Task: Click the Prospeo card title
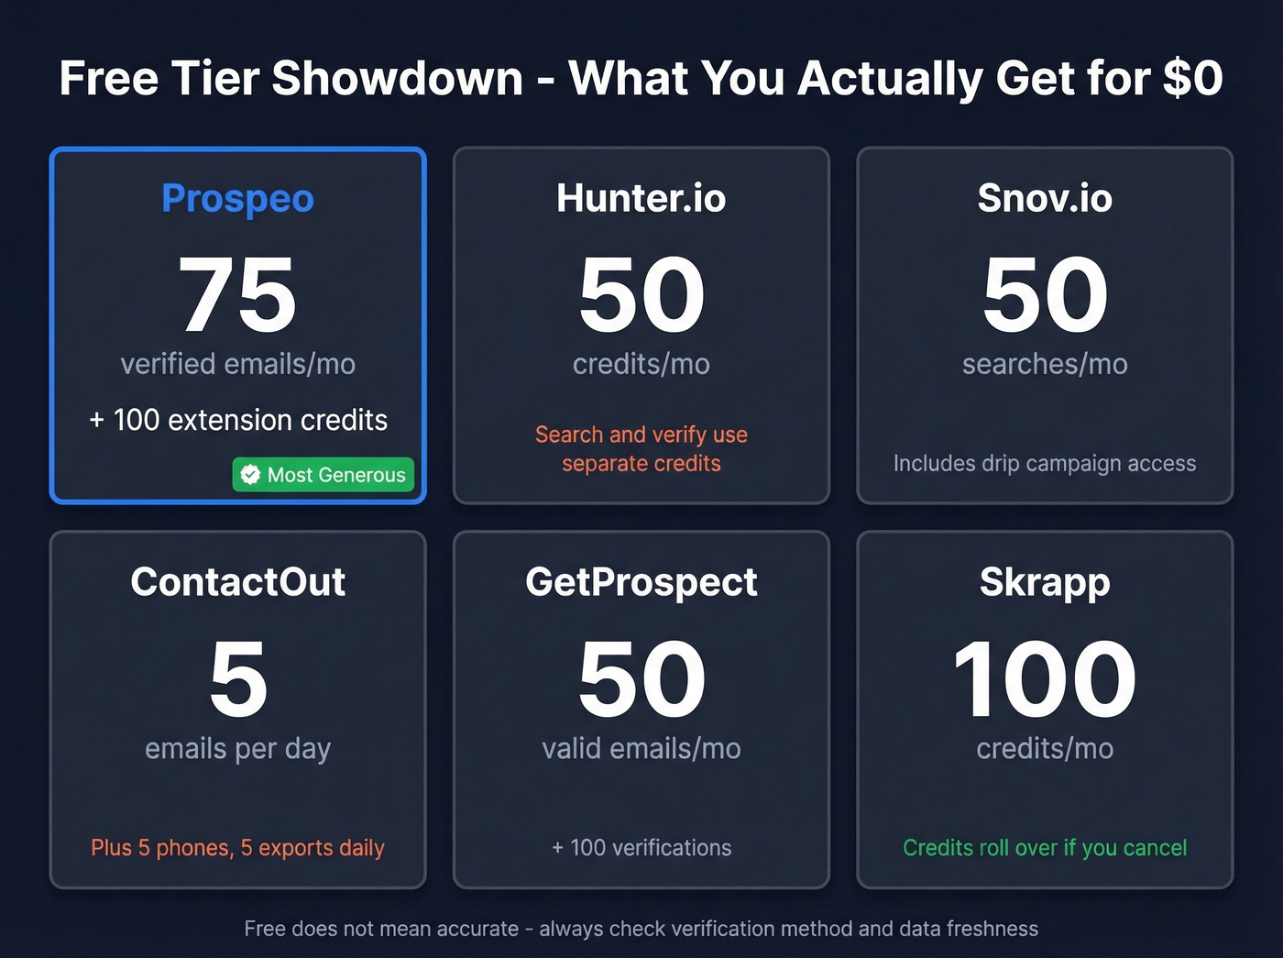click(x=237, y=199)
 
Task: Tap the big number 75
click(x=237, y=295)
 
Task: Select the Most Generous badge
click(x=323, y=475)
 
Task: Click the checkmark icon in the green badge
click(x=250, y=475)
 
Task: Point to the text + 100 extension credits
click(x=238, y=420)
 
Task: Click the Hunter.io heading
click(x=641, y=199)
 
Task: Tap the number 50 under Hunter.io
click(x=641, y=295)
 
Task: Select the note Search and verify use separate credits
click(x=641, y=448)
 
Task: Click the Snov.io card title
click(x=1045, y=199)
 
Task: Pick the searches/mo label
click(x=1045, y=364)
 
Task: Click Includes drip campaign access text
click(x=1045, y=464)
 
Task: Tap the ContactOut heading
click(x=238, y=582)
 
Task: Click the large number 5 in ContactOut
click(x=238, y=679)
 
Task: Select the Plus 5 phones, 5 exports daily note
click(x=238, y=848)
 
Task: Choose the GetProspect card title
click(x=641, y=582)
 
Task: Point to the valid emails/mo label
click(x=641, y=749)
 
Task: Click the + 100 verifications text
click(x=641, y=848)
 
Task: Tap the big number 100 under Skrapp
click(x=1045, y=679)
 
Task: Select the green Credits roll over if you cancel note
click(x=1045, y=848)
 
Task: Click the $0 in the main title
click(x=1192, y=78)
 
